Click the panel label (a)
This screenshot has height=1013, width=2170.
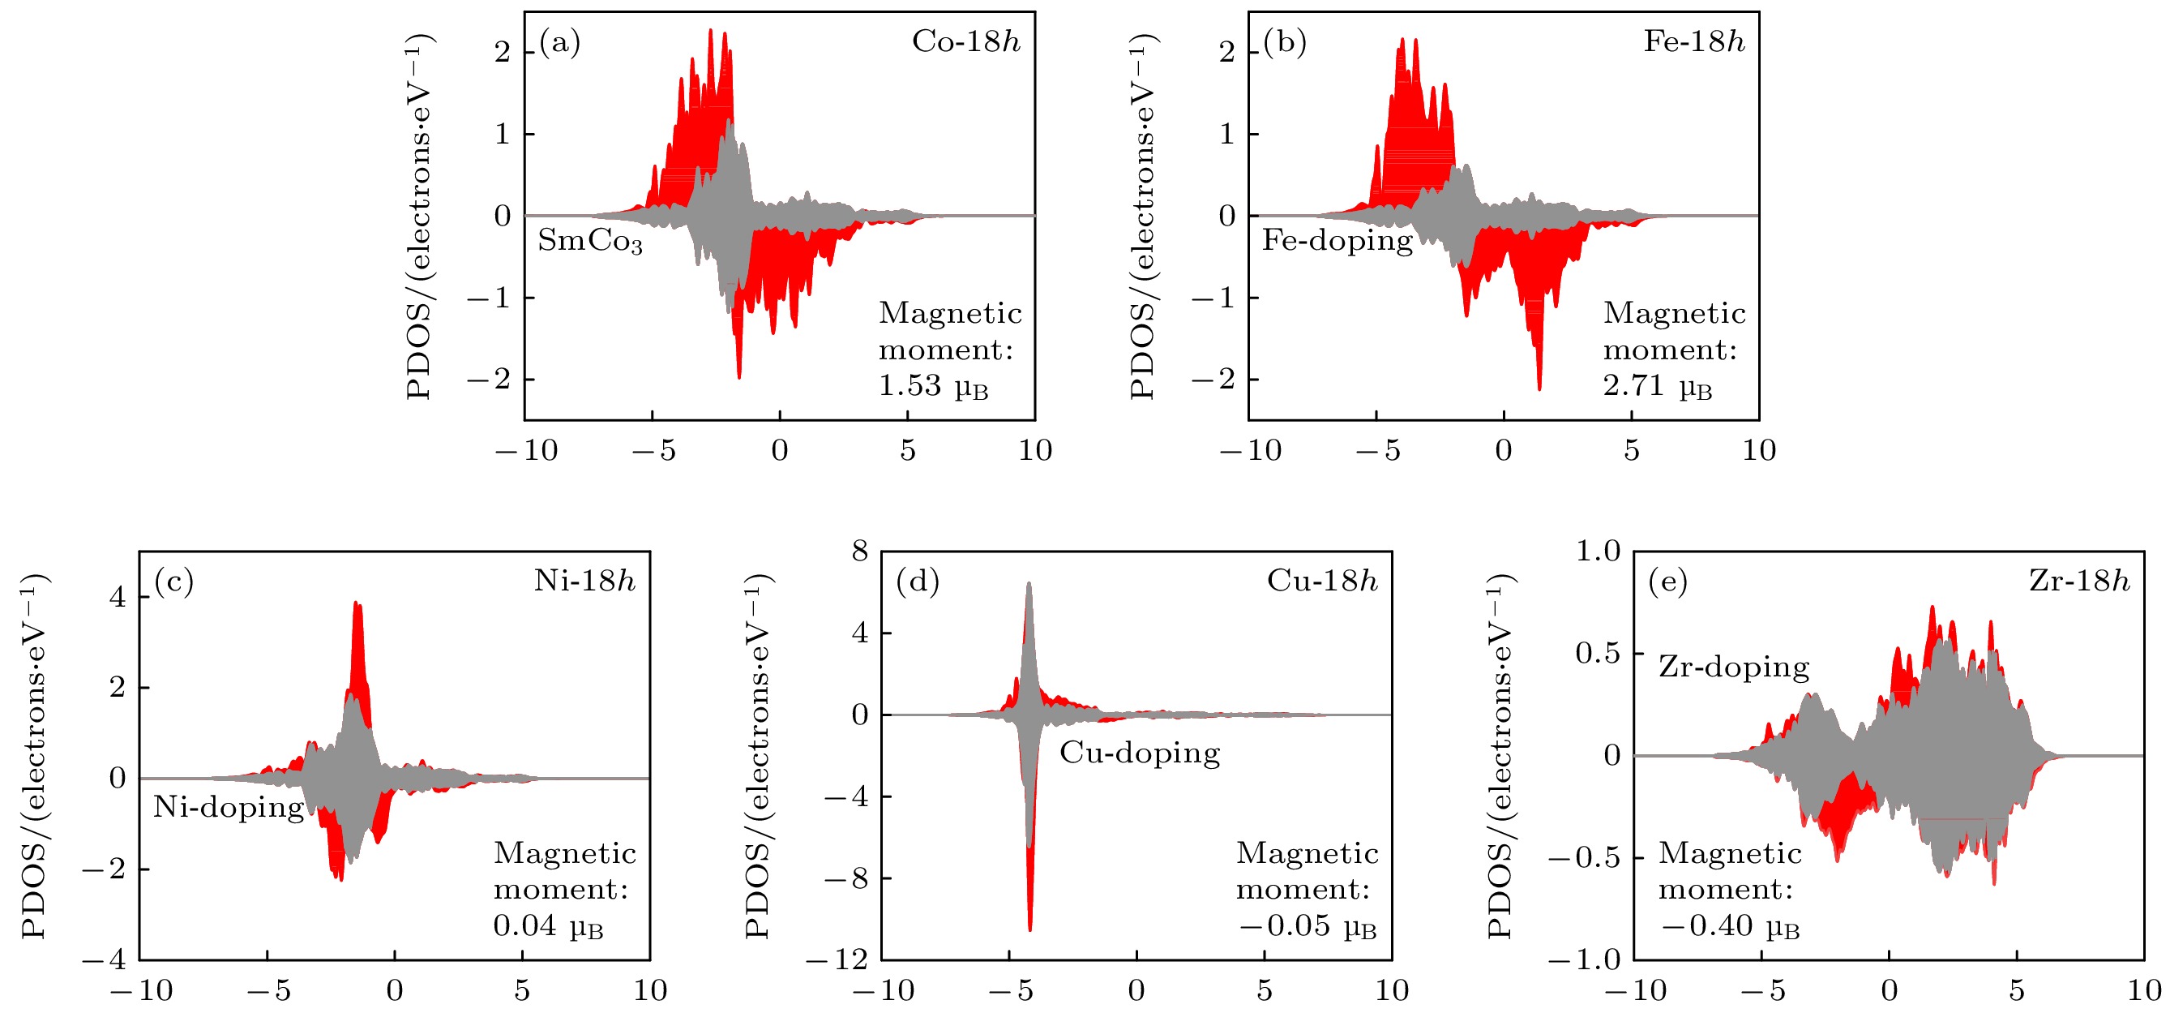pyautogui.click(x=559, y=42)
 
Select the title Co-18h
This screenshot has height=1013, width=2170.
pyautogui.click(x=965, y=41)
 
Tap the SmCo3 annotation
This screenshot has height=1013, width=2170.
pyautogui.click(x=589, y=241)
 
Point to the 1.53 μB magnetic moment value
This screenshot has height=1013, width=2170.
pyautogui.click(x=932, y=386)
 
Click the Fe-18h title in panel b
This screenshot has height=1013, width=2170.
pyautogui.click(x=1693, y=41)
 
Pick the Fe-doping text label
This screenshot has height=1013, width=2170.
pyautogui.click(x=1337, y=240)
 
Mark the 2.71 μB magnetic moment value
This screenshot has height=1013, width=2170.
pyautogui.click(x=1657, y=386)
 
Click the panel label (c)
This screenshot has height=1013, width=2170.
pyautogui.click(x=173, y=582)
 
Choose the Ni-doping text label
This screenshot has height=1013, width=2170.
pyautogui.click(x=229, y=807)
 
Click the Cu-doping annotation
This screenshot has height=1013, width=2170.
pyautogui.click(x=1139, y=753)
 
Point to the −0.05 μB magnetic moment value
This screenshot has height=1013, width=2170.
pyautogui.click(x=1308, y=926)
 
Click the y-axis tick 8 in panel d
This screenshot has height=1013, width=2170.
pyautogui.click(x=859, y=552)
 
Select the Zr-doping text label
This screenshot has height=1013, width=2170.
pyautogui.click(x=1734, y=667)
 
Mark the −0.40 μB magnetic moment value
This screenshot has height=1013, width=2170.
pyautogui.click(x=1729, y=926)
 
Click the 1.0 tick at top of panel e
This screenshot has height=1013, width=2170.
pyautogui.click(x=1598, y=552)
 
